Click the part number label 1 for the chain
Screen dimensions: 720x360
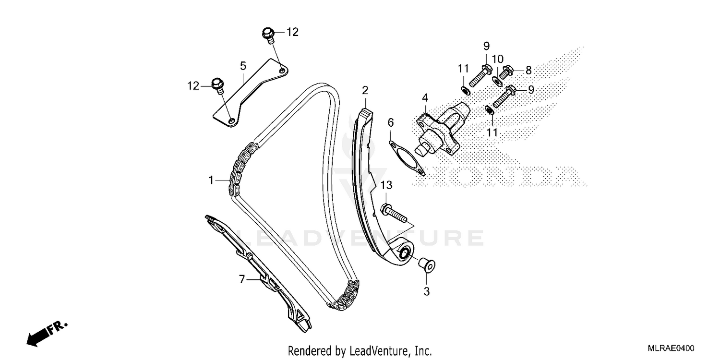click(210, 180)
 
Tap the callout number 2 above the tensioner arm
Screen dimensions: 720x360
click(365, 90)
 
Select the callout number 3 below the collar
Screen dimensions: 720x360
click(426, 291)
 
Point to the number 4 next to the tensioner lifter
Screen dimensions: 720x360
click(424, 98)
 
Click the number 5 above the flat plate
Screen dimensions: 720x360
click(243, 65)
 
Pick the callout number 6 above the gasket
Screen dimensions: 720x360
click(391, 123)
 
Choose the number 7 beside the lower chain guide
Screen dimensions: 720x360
click(242, 278)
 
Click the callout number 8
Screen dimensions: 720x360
click(528, 71)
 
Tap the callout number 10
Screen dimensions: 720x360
click(497, 59)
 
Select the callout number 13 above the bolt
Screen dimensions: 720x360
click(387, 185)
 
